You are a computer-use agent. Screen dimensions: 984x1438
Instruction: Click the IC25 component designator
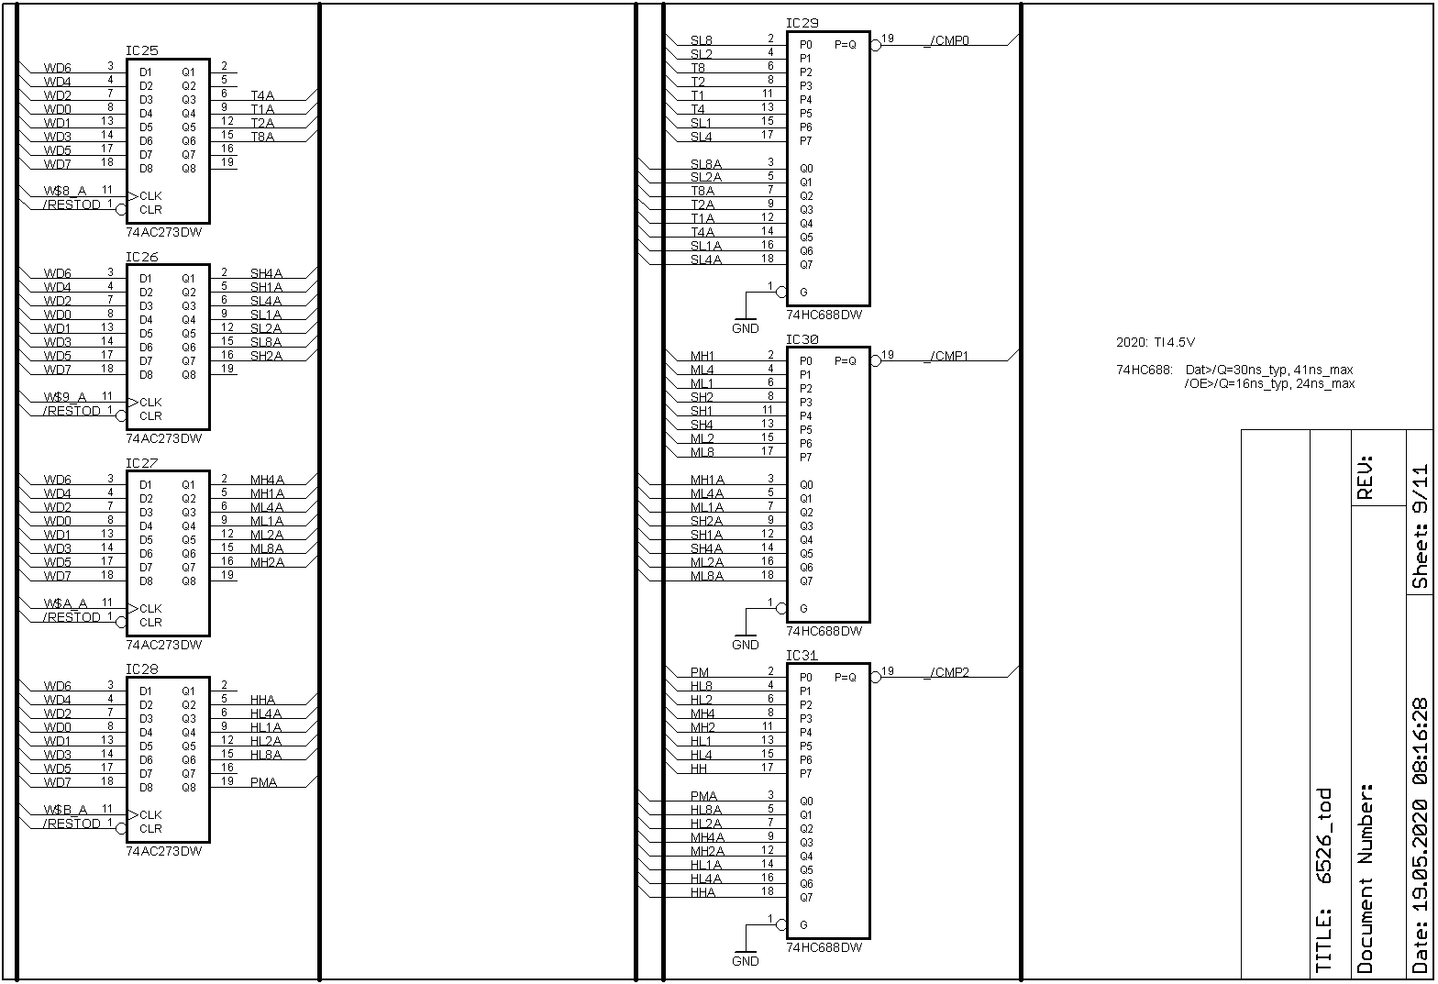point(141,50)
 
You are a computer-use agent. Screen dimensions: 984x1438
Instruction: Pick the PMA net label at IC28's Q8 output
point(263,782)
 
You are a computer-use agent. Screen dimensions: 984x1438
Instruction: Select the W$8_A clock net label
point(65,191)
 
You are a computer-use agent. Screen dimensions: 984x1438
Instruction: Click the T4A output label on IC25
point(262,94)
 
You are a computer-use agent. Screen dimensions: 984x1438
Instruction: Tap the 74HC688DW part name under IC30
point(824,631)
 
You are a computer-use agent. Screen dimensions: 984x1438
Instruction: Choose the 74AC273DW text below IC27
point(163,645)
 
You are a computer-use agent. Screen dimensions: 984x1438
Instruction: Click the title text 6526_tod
point(1323,835)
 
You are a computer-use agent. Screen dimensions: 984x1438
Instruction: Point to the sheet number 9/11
point(1420,527)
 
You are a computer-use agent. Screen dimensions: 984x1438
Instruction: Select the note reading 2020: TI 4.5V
point(1155,342)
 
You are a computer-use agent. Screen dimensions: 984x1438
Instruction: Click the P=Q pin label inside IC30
point(845,360)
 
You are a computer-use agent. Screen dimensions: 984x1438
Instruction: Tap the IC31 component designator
point(802,656)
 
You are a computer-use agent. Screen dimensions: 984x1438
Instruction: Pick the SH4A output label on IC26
point(266,272)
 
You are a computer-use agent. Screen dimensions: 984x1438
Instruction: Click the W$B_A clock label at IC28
point(65,810)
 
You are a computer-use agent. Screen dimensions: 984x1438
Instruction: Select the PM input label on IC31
point(700,672)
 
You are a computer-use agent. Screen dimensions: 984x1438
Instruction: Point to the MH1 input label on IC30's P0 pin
point(702,356)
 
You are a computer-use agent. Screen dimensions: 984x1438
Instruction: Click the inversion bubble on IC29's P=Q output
point(875,45)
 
